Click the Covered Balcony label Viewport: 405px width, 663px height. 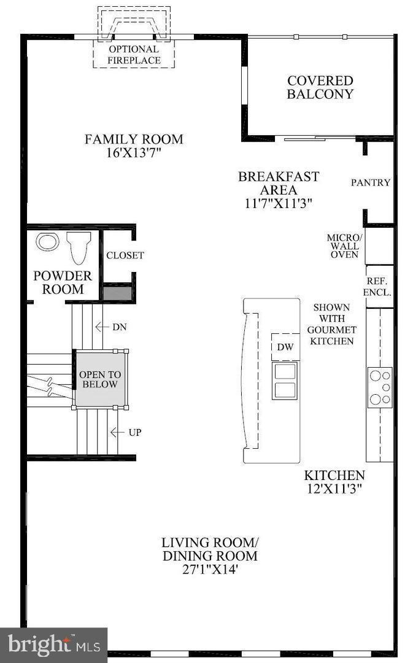click(320, 87)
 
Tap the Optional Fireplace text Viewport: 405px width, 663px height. click(134, 55)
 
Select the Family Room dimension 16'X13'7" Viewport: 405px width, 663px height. click(134, 153)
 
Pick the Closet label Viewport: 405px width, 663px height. click(125, 255)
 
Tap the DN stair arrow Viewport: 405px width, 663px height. click(100, 327)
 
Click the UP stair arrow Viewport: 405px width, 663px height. click(115, 432)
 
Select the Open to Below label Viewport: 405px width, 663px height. click(100, 379)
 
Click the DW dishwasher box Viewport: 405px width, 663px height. click(285, 347)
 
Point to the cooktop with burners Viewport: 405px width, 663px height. click(380, 387)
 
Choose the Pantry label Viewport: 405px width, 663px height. click(371, 182)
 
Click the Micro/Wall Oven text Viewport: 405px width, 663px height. click(344, 246)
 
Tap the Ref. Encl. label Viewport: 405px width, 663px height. click(377, 287)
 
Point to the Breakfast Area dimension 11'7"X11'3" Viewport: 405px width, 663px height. click(278, 203)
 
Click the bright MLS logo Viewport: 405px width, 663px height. click(53, 645)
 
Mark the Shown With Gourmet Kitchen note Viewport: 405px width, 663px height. click(332, 324)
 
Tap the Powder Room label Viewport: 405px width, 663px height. click(63, 282)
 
